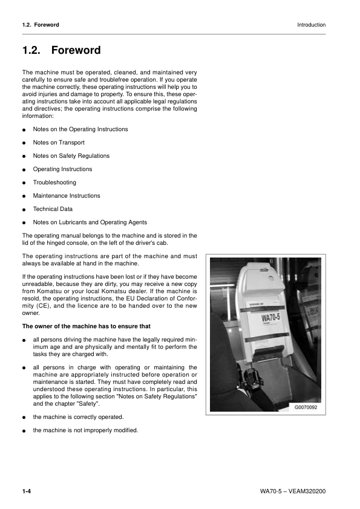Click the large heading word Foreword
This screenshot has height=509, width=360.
76,51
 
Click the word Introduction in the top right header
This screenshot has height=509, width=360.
311,25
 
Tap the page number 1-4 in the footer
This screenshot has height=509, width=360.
27,490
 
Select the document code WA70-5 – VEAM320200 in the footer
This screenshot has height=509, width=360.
289,490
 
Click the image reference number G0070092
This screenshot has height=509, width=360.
309,407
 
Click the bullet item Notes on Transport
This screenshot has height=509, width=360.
59,143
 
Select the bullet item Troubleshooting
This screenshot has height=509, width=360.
54,183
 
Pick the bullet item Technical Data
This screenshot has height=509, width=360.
53,209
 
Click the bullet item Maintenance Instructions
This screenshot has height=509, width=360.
67,196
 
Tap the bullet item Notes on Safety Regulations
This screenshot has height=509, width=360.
71,156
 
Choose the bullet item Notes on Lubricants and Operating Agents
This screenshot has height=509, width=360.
90,222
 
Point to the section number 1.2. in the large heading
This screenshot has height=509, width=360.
30,51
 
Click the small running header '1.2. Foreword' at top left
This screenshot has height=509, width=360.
41,25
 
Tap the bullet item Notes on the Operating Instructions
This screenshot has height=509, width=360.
80,129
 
